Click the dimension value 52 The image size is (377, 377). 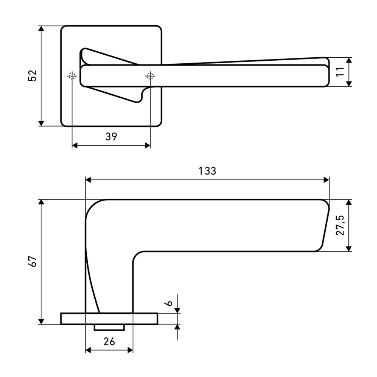32,75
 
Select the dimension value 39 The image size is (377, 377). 111,136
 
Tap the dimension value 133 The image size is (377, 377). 207,171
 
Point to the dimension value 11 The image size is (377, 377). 340,72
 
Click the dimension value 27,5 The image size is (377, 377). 340,225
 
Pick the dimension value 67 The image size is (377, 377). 32,261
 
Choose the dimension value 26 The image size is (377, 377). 109,342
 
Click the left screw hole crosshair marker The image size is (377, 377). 72,76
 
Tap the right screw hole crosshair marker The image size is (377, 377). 150,76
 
